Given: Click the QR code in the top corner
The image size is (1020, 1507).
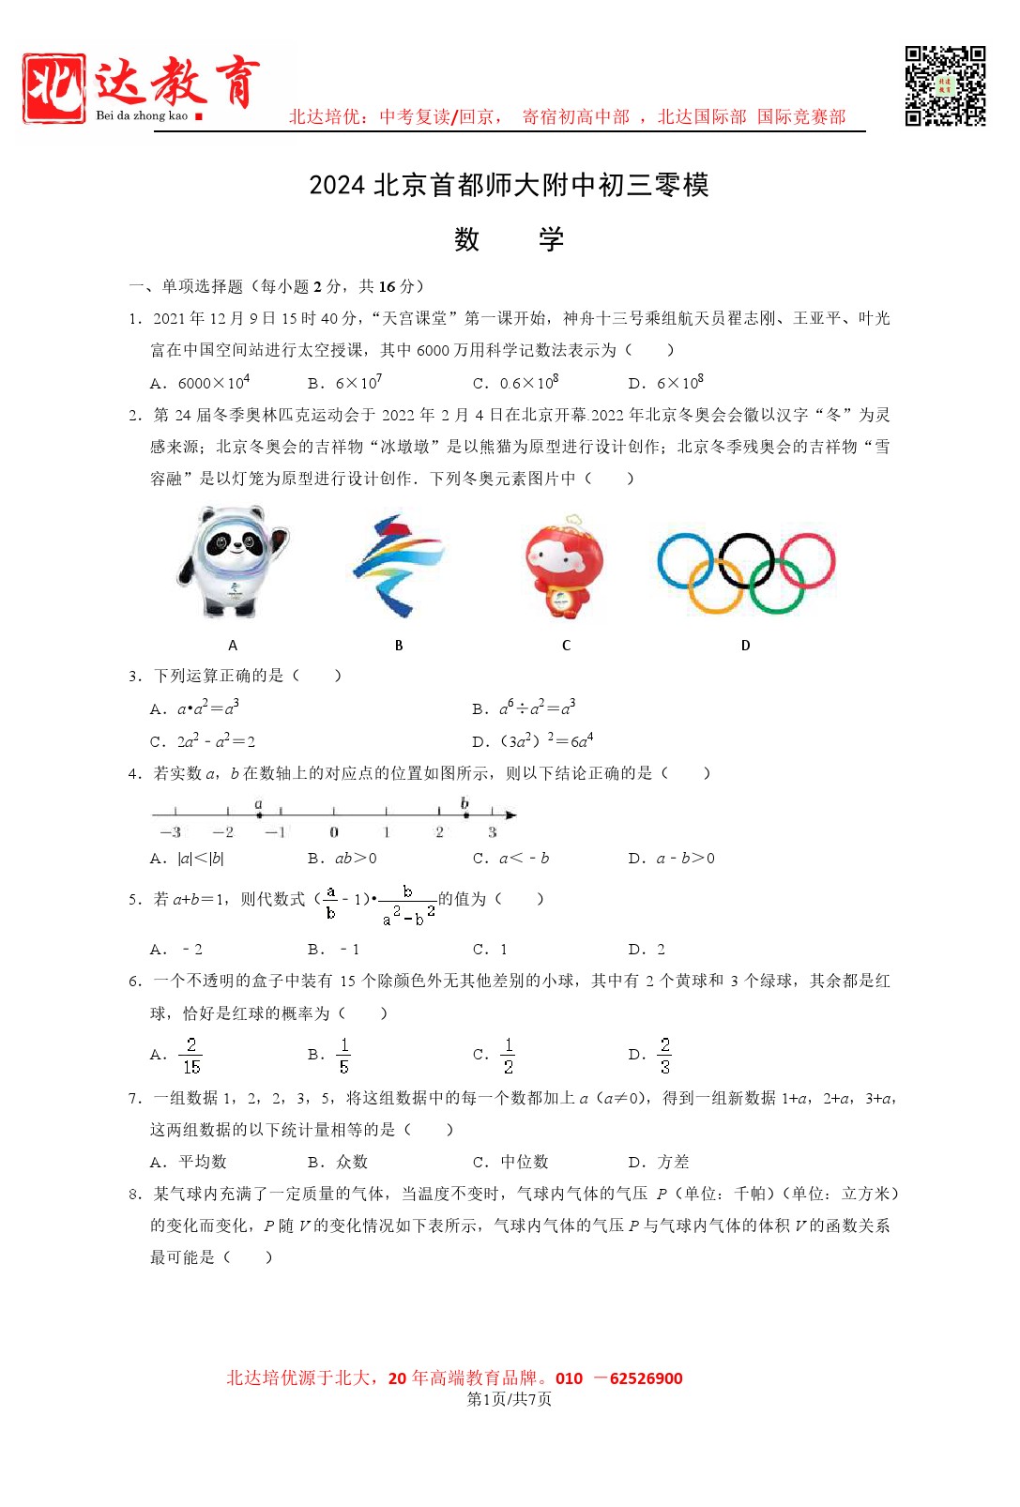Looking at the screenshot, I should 945,85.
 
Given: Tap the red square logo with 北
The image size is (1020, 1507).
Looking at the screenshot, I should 54,87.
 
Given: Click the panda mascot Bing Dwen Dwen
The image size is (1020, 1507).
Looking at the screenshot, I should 232,561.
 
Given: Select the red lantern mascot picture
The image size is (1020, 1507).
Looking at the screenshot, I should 564,567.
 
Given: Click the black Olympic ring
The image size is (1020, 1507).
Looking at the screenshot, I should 746,560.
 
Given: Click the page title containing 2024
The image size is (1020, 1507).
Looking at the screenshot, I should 509,185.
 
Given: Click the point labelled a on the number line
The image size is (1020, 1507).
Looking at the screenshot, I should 259,814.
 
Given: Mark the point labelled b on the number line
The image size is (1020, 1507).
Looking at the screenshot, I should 464,814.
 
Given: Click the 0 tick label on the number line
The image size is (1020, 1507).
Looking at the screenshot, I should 334,832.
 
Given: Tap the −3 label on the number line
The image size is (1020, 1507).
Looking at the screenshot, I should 170,832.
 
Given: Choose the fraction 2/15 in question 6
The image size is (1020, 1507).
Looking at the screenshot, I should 191,1056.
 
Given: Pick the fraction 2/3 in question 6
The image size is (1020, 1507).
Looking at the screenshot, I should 664,1056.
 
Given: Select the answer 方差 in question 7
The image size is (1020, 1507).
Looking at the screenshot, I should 673,1162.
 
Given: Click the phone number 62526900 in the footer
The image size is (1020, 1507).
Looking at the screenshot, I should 646,1378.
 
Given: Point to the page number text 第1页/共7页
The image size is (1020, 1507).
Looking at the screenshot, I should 509,1399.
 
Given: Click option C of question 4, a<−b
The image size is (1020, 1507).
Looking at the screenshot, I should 524,859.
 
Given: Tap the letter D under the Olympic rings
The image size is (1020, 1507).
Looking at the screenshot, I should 746,646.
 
